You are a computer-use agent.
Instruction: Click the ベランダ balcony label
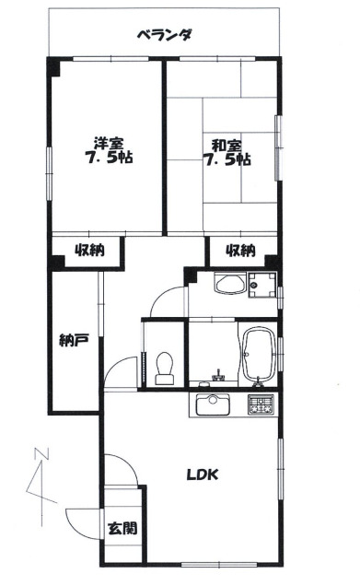165,36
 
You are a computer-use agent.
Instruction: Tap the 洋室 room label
109,143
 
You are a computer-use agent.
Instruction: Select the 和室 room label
226,146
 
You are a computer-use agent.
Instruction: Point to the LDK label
203,475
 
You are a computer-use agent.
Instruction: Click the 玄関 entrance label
122,528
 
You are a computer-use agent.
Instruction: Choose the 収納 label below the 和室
241,250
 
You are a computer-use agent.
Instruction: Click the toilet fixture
164,369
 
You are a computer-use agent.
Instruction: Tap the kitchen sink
214,404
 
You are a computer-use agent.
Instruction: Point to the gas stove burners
261,404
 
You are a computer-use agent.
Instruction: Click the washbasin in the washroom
230,284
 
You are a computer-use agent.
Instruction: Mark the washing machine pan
262,285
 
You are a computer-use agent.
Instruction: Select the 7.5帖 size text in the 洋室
109,158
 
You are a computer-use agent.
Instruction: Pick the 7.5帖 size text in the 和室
226,160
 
